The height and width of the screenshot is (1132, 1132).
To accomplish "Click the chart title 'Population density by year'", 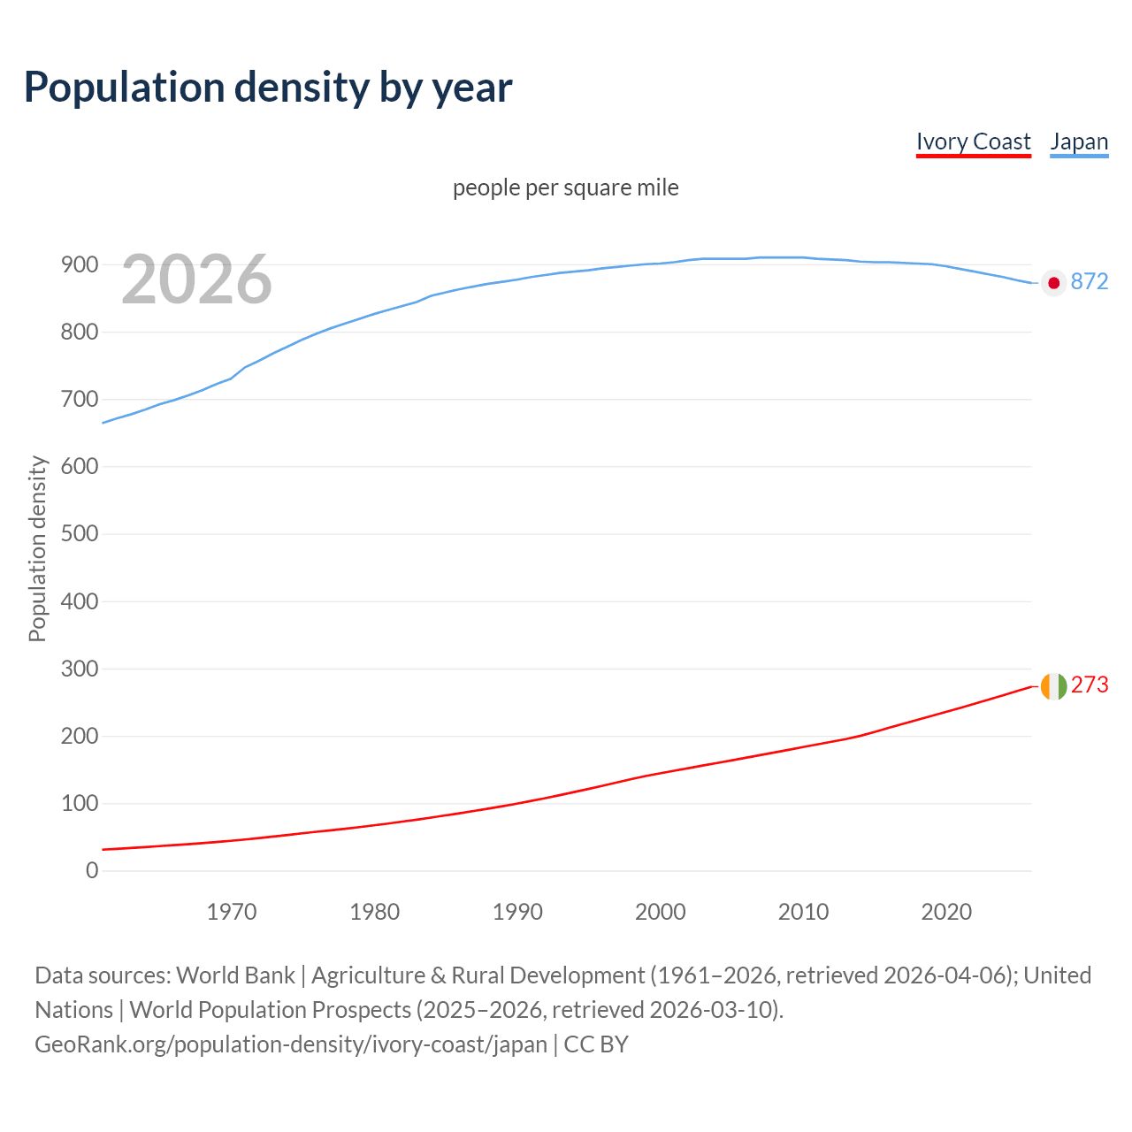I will (268, 87).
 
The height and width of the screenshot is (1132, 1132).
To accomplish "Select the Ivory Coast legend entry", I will (973, 141).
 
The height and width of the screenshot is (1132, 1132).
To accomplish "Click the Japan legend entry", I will (1079, 141).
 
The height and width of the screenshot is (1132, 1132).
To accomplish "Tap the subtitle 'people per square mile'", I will (566, 187).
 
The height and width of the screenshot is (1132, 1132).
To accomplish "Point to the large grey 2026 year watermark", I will (196, 279).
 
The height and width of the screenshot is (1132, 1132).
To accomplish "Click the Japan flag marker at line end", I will (1053, 283).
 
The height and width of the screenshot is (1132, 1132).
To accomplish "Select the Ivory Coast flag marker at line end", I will (1053, 686).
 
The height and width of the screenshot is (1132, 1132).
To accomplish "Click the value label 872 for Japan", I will (1090, 281).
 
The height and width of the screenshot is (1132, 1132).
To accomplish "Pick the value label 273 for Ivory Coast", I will (1090, 685).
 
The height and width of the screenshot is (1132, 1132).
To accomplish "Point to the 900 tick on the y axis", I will (80, 264).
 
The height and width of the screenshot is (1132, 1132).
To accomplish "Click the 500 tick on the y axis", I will (80, 534).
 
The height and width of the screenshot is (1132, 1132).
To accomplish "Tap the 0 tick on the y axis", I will (92, 870).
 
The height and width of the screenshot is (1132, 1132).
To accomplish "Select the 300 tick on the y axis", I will (80, 669).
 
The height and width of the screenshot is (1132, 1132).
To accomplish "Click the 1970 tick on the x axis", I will (232, 912).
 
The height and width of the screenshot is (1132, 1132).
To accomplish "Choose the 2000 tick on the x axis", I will (661, 912).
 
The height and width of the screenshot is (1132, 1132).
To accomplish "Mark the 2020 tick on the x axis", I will (946, 912).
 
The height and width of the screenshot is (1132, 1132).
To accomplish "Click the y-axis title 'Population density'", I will (37, 548).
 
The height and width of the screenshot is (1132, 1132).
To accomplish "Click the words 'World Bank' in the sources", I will (235, 975).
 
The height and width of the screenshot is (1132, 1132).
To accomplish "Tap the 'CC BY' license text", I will (596, 1044).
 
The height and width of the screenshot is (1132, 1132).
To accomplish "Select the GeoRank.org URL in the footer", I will (291, 1044).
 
